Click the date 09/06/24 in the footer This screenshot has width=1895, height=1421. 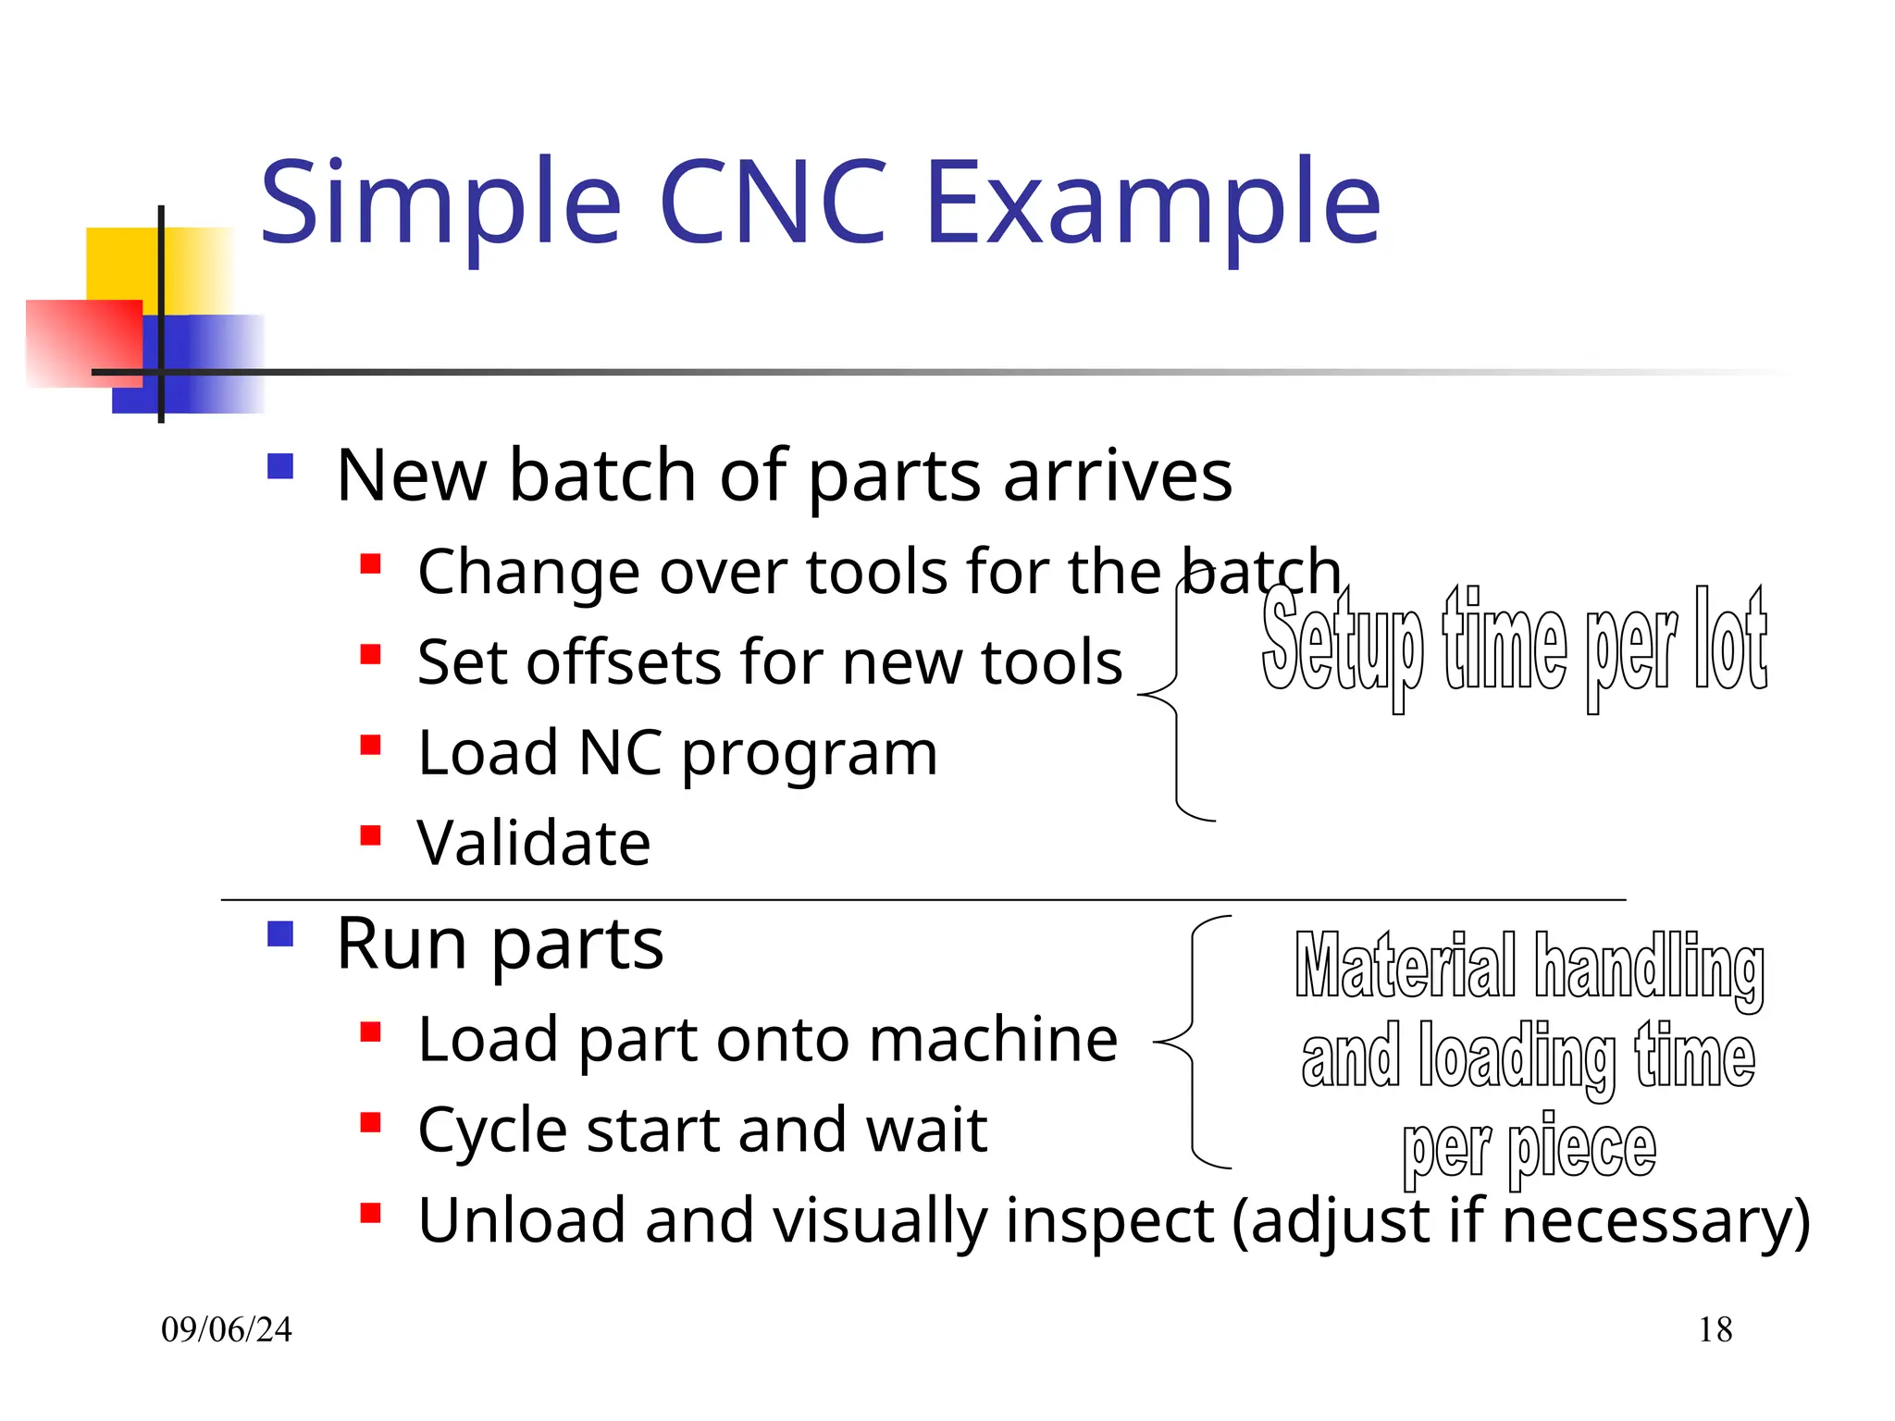pyautogui.click(x=226, y=1329)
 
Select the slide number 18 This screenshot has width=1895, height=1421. pyautogui.click(x=1715, y=1329)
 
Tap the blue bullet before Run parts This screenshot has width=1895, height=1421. pyautogui.click(x=279, y=933)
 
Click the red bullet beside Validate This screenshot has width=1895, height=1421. pyautogui.click(x=371, y=836)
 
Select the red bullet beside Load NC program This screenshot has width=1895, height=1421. pyautogui.click(x=371, y=746)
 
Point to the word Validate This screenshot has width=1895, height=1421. pyautogui.click(x=534, y=843)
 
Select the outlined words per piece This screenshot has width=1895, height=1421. pyautogui.click(x=1529, y=1147)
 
